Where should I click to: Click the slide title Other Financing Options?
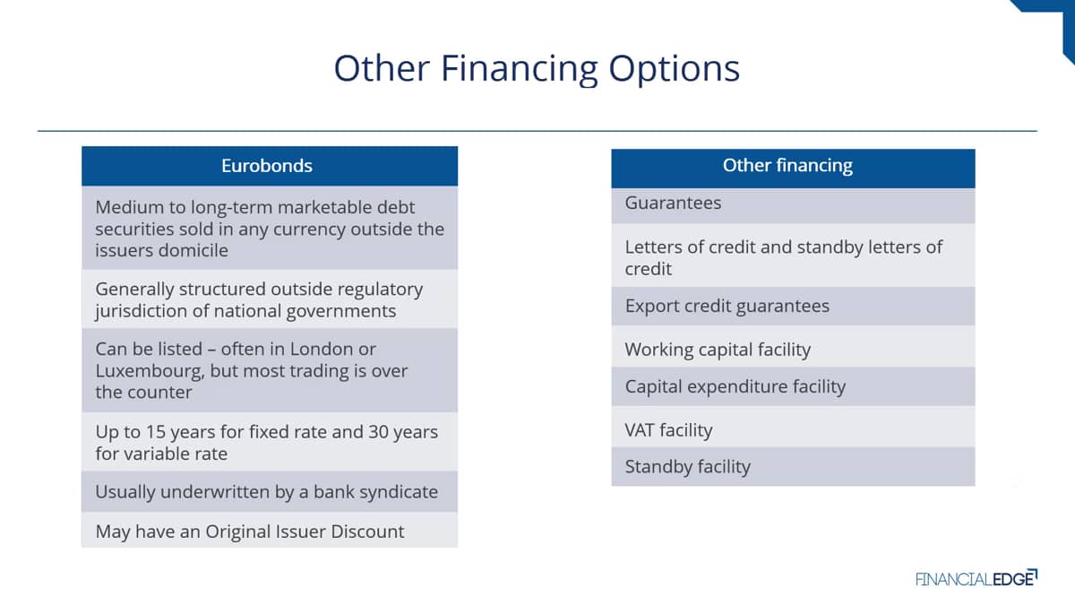pos(537,69)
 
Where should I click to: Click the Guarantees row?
pos(793,205)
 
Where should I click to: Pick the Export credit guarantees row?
pos(793,307)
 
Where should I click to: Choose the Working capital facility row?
pos(793,349)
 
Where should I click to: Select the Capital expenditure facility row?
pos(793,386)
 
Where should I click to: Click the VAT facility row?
pos(793,428)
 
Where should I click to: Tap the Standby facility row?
pos(793,467)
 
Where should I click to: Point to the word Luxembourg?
pos(150,371)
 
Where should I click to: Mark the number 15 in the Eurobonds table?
pos(156,432)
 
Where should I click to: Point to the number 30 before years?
pos(378,432)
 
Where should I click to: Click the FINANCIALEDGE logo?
pos(976,579)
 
